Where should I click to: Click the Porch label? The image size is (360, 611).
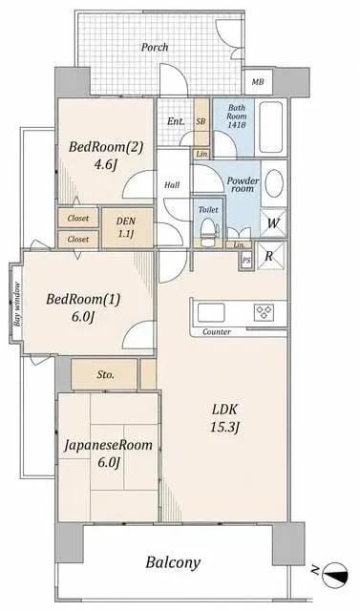pyautogui.click(x=155, y=48)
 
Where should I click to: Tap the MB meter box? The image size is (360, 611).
pyautogui.click(x=258, y=82)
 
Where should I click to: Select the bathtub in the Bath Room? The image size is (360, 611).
pyautogui.click(x=271, y=127)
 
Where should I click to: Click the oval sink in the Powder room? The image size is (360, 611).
pyautogui.click(x=274, y=183)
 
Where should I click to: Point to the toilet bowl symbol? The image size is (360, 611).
pyautogui.click(x=207, y=230)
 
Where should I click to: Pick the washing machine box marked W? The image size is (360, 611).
pyautogui.click(x=273, y=223)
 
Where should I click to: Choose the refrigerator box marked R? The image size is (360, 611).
pyautogui.click(x=269, y=256)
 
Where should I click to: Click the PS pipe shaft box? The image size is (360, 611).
pyautogui.click(x=245, y=261)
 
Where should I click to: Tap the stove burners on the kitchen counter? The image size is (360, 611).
pyautogui.click(x=265, y=312)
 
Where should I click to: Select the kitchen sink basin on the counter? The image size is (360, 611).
pyautogui.click(x=211, y=312)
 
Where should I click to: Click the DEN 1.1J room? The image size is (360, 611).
pyautogui.click(x=127, y=227)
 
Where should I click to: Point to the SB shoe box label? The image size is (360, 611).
pyautogui.click(x=201, y=121)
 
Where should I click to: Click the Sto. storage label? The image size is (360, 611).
pyautogui.click(x=106, y=375)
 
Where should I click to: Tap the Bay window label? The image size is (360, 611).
pyautogui.click(x=17, y=305)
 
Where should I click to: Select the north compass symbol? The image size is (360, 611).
pyautogui.click(x=335, y=575)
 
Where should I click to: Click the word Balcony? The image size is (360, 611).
pyautogui.click(x=173, y=562)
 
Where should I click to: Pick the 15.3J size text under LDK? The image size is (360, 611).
pyautogui.click(x=224, y=428)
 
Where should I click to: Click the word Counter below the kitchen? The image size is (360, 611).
pyautogui.click(x=217, y=332)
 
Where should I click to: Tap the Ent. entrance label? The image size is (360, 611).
pyautogui.click(x=176, y=121)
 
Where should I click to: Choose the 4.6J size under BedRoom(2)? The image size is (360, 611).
pyautogui.click(x=106, y=164)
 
